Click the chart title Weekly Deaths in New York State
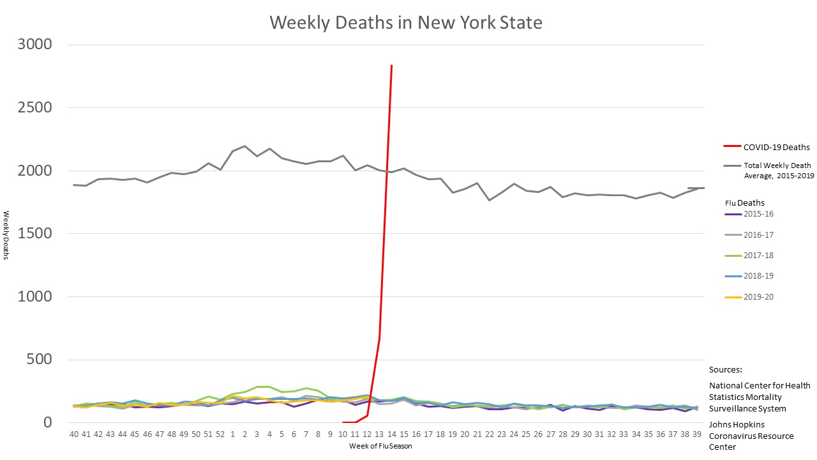pyautogui.click(x=406, y=23)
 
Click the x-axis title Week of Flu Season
pyautogui.click(x=380, y=446)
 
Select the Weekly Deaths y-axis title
pyautogui.click(x=6, y=235)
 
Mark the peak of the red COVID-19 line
pyautogui.click(x=391, y=65)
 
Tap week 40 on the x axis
pyautogui.click(x=74, y=434)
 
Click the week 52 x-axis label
pyautogui.click(x=220, y=434)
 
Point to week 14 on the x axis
pyautogui.click(x=391, y=434)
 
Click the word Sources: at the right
pyautogui.click(x=726, y=370)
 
